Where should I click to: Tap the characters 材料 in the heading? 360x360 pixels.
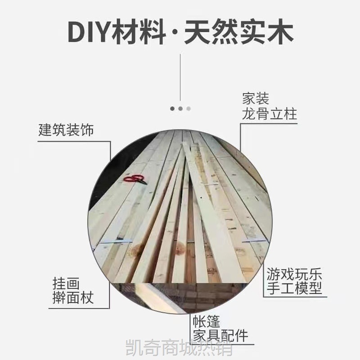coord(139,31)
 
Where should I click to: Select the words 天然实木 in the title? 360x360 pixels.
coord(239,31)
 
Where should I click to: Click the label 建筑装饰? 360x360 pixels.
coord(66,130)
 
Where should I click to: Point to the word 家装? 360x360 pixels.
coord(256,99)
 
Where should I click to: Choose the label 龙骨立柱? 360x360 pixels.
coord(270,114)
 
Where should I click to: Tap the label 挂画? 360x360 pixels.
coord(66,283)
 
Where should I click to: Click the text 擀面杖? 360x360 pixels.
coord(73,298)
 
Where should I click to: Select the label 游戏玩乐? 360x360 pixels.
coord(294,274)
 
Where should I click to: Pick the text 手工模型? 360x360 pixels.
coord(294,288)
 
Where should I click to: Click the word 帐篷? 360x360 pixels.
coord(206,321)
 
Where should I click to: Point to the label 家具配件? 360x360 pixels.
coord(220,335)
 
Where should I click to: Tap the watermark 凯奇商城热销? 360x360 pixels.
coord(180,348)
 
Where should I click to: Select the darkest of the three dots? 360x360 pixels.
coord(172,108)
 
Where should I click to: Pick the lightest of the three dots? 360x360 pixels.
coord(189,108)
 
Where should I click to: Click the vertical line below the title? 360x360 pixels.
coord(180,77)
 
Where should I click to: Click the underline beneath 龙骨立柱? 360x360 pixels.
coord(269,124)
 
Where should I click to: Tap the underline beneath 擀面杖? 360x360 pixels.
coord(79,308)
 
